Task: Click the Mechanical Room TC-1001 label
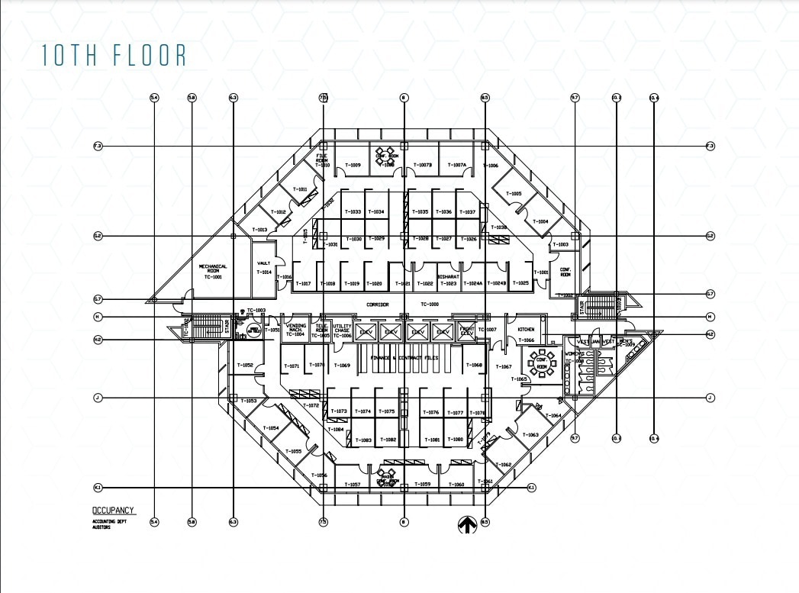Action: [213, 269]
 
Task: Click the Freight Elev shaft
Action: [466, 331]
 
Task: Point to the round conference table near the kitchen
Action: [543, 365]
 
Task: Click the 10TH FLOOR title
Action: [114, 56]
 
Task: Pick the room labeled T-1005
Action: [516, 194]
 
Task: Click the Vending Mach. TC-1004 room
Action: [295, 330]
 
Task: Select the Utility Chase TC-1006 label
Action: [342, 330]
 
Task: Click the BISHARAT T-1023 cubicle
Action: [449, 280]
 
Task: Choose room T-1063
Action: [531, 435]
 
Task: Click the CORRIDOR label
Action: [377, 305]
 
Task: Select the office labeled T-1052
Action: [245, 366]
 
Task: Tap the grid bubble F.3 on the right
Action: [710, 146]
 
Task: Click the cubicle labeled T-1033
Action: [353, 212]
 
